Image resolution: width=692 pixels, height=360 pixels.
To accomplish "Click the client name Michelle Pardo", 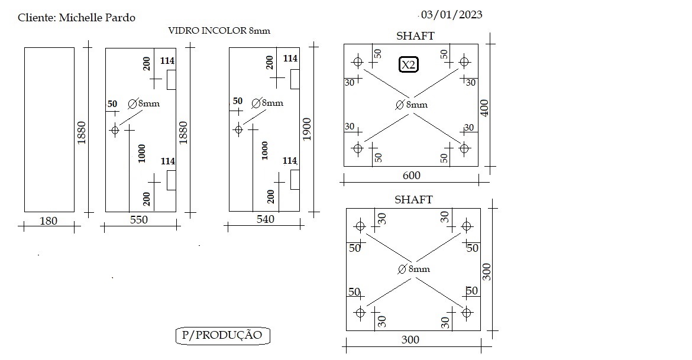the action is pos(97,18).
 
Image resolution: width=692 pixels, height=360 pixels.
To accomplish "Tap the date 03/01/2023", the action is pos(451,15).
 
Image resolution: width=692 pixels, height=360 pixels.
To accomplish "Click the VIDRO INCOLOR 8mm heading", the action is pos(219,31).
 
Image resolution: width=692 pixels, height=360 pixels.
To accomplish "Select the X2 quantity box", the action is pos(408,65).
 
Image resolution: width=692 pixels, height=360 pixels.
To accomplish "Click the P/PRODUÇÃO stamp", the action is pos(222,335).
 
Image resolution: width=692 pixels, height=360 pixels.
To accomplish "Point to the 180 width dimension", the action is pos(48,220).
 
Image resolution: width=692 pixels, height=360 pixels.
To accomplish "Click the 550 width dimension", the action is pos(138,220).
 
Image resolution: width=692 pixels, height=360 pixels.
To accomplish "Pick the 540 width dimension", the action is pos(265,219).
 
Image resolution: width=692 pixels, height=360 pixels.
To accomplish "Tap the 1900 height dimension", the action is pos(307,129).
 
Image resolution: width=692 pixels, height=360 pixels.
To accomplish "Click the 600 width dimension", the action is pos(411,175).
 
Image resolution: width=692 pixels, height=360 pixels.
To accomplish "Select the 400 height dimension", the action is pos(484,108).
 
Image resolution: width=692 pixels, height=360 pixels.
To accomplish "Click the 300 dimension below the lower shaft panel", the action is pos(410,340).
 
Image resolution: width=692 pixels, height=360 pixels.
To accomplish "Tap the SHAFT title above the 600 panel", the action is pos(415,35).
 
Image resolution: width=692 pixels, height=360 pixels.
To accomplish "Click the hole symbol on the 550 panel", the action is pos(115,130).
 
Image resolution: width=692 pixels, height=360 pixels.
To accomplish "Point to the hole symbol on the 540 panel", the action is pos(238,129).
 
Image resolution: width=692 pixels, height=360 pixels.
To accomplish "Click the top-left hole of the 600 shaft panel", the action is pos(357,61).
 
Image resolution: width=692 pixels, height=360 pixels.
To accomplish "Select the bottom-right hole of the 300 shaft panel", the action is pos(467,313).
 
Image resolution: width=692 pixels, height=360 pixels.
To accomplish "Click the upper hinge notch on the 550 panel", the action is pos(172,79).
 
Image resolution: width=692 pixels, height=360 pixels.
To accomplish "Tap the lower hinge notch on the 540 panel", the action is pos(295,180).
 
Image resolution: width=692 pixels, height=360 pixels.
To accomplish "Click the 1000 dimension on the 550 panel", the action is pos(142,153).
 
